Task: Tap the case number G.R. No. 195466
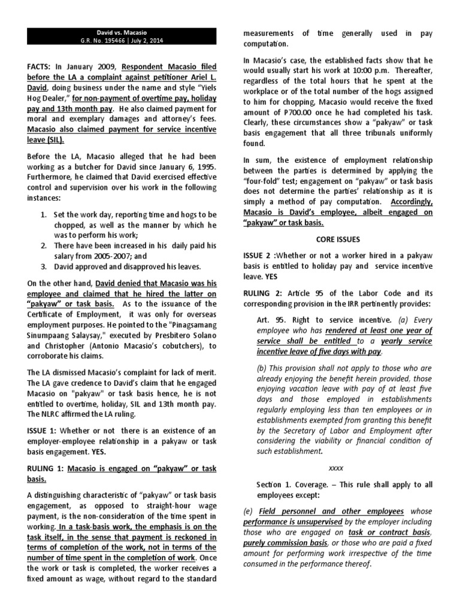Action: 108,41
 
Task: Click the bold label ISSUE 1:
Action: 45,432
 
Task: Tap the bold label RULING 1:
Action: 48,469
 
